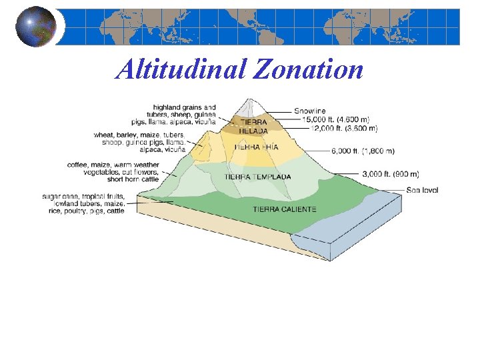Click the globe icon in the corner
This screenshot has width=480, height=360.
click(36, 27)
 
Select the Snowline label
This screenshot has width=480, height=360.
click(310, 111)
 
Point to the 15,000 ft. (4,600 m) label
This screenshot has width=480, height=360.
click(339, 119)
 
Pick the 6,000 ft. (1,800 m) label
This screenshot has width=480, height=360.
click(363, 151)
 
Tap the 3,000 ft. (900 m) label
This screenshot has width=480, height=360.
click(390, 173)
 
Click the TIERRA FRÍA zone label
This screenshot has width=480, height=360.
click(256, 147)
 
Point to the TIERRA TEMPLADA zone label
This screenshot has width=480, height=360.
click(257, 177)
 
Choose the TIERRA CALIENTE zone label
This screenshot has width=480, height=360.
click(285, 209)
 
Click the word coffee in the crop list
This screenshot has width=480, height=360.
click(78, 165)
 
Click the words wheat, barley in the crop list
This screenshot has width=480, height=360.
click(116, 135)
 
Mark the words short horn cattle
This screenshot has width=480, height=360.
click(133, 179)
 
